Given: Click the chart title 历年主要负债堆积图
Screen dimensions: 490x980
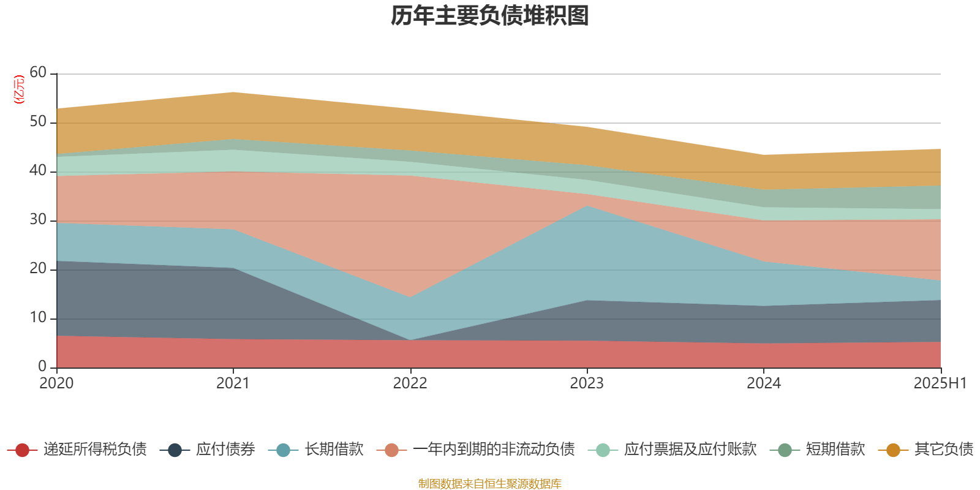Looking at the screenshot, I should [490, 17].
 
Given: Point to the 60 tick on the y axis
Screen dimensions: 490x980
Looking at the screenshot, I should [38, 72].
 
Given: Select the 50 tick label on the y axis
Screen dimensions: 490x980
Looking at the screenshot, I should [38, 121].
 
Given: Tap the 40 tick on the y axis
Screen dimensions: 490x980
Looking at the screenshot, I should [38, 170].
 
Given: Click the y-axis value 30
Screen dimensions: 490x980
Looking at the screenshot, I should [38, 219].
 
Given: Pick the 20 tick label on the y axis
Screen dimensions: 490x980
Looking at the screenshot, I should [38, 268].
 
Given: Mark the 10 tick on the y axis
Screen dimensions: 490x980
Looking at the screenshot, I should [38, 317].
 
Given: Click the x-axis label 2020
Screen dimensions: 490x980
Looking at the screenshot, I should [56, 383].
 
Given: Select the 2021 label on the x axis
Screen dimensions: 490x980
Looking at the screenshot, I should [233, 383].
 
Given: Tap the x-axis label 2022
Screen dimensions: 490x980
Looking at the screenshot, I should [410, 383].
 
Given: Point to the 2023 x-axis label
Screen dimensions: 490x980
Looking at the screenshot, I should [587, 383].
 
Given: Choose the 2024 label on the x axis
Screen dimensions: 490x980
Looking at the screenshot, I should [763, 383].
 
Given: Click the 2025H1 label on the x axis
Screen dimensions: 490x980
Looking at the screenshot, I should [940, 383].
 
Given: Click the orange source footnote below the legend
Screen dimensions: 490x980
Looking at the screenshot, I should [489, 484].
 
